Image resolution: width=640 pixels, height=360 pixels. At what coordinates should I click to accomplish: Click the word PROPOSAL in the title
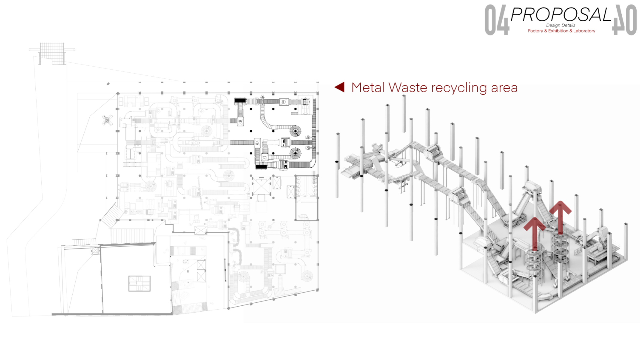click(560, 14)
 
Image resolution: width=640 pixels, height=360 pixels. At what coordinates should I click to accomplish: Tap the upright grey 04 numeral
click(497, 20)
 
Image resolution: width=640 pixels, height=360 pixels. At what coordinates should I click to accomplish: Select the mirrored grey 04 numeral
click(624, 20)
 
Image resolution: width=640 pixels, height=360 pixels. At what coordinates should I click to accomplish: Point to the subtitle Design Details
click(560, 25)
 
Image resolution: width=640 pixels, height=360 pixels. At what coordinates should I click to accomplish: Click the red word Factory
click(535, 31)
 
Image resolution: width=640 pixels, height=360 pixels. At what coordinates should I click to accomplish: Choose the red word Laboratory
click(584, 31)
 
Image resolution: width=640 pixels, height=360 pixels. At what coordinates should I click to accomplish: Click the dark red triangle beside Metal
click(340, 87)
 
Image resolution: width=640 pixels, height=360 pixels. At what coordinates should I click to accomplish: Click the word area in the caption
click(504, 88)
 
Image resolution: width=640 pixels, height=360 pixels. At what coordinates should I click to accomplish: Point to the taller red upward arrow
click(560, 216)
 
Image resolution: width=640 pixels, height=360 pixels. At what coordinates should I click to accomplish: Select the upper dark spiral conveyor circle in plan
click(296, 131)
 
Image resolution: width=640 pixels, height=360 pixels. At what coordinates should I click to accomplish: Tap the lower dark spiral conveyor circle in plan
click(296, 153)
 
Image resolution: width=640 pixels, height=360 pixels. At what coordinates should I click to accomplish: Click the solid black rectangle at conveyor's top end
click(240, 101)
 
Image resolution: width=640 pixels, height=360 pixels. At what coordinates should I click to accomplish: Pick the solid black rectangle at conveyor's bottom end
click(261, 167)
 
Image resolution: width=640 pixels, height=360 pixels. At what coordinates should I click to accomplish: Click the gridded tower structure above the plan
click(52, 53)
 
